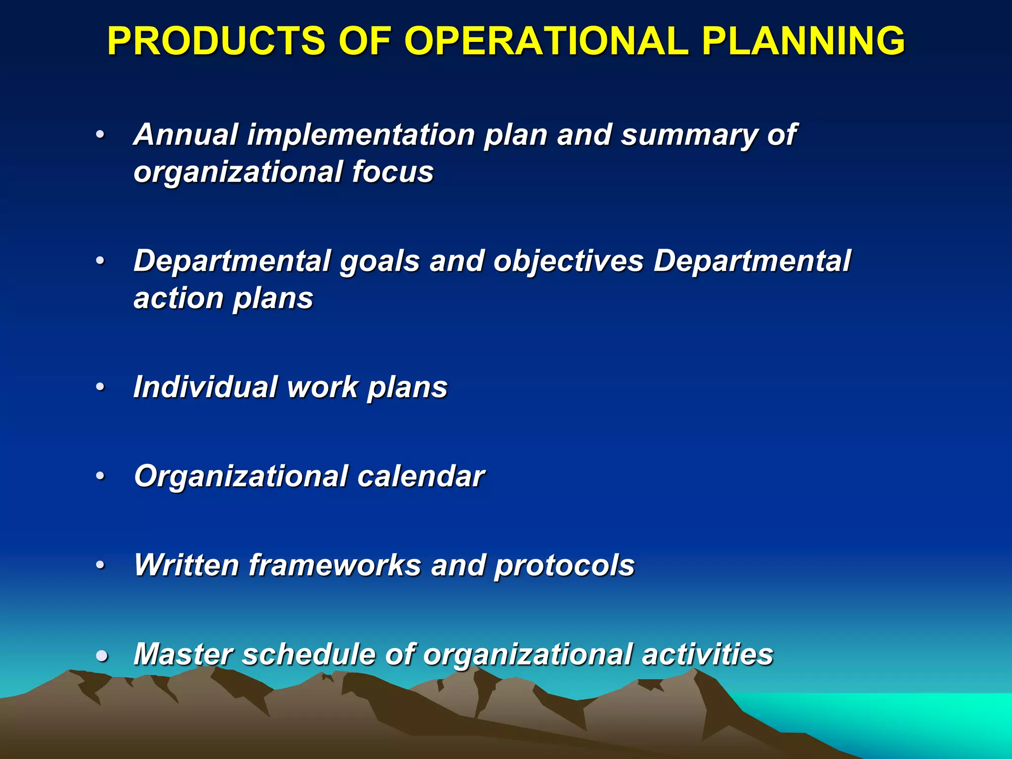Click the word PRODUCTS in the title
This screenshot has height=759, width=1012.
[216, 41]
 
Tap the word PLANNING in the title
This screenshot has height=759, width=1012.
[803, 41]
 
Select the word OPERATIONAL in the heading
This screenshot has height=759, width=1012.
[546, 41]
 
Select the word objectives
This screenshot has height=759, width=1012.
[568, 262]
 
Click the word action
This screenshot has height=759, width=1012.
[178, 298]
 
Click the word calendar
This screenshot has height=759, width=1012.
[421, 476]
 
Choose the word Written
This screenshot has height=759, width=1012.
[187, 565]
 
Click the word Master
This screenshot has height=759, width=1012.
[183, 654]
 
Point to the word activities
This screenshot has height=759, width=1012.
[707, 654]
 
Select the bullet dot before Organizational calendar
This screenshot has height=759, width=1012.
[101, 476]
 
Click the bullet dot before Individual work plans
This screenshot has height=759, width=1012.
[101, 387]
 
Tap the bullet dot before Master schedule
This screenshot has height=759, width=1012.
[102, 656]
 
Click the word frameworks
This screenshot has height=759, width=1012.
[335, 565]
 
